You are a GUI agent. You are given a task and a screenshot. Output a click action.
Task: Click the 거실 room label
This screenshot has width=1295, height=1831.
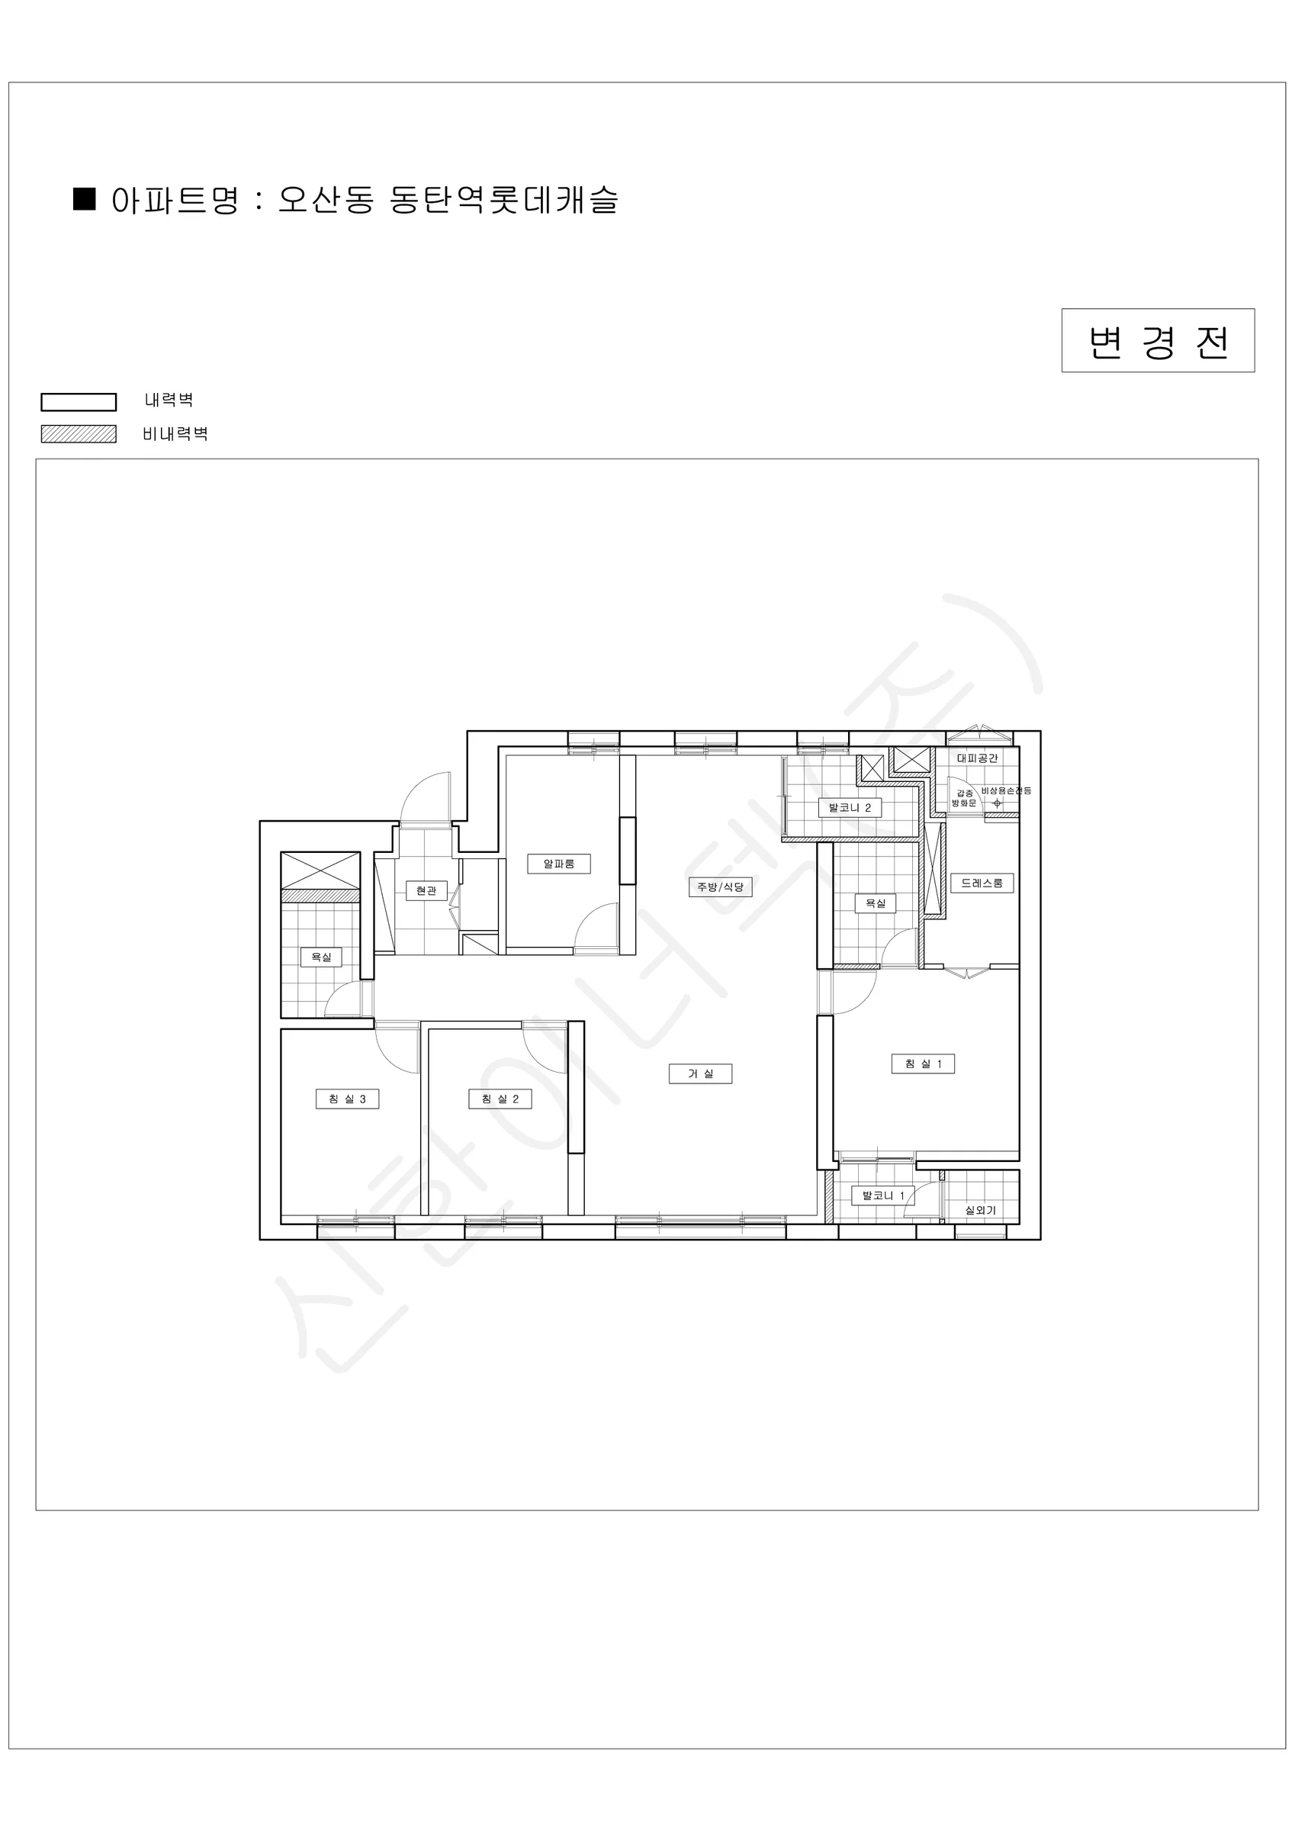click(700, 1073)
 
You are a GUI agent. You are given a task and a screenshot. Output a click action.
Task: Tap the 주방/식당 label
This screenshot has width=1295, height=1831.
click(720, 887)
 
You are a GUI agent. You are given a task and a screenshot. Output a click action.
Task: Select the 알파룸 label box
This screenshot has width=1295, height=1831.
click(559, 864)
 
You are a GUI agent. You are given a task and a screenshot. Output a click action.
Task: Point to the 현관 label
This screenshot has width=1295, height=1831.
click(426, 891)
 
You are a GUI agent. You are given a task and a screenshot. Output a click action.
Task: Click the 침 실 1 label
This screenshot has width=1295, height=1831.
click(924, 1064)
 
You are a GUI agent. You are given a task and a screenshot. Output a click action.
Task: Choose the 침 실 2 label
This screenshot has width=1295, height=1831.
click(500, 1099)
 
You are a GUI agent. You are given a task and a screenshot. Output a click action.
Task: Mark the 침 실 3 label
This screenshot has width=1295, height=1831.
click(347, 1099)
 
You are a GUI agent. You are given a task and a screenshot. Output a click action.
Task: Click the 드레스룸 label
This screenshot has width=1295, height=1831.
click(982, 883)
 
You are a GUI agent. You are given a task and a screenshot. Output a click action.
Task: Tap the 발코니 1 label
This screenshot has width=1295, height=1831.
click(882, 1218)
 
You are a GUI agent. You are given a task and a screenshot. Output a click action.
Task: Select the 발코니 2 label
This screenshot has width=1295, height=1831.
click(850, 808)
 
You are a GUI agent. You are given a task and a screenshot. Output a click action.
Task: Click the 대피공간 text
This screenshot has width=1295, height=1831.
click(977, 758)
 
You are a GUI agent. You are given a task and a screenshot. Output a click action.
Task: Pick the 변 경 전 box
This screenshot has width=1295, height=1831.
click(1158, 340)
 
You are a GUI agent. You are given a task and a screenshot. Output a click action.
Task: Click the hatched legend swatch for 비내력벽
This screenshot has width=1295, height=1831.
click(79, 434)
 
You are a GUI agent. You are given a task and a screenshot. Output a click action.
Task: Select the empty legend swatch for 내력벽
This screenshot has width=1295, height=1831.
click(79, 402)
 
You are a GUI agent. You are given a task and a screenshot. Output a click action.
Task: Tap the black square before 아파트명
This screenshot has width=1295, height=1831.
click(85, 198)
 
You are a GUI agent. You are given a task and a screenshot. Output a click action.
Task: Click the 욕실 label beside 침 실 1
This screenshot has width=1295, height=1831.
click(876, 903)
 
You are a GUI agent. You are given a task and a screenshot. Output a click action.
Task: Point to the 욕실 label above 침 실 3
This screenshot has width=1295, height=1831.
click(321, 957)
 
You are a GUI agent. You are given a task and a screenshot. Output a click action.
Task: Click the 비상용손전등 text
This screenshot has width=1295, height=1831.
click(1007, 790)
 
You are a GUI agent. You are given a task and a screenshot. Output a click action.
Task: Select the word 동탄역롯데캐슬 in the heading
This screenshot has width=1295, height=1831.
click(504, 199)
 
